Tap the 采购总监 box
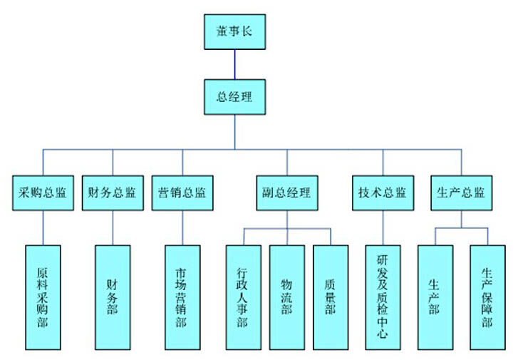[x=43, y=192]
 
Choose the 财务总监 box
[x=112, y=192]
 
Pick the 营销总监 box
[x=182, y=192]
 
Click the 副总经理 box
[x=287, y=192]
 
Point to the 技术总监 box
[x=383, y=192]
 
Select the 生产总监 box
[x=461, y=192]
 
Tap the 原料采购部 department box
[x=43, y=297]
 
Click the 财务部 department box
[x=113, y=297]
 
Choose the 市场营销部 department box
[x=182, y=297]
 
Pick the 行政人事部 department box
[x=243, y=297]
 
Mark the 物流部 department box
[x=286, y=297]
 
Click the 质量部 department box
[x=331, y=297]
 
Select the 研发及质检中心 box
[x=383, y=297]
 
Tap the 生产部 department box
[x=435, y=297]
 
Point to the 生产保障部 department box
[x=487, y=297]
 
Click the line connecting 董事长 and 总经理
[x=234, y=65]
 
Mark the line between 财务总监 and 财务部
[x=113, y=227]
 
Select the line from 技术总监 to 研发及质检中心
[x=383, y=227]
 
